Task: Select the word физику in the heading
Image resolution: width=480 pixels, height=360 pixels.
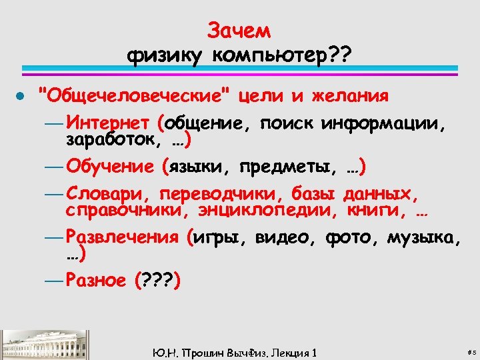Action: [x=167, y=56]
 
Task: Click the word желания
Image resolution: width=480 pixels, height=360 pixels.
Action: [x=354, y=96]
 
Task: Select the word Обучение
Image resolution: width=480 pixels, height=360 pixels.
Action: [x=110, y=165]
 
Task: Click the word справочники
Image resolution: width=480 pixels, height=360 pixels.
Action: [x=127, y=211]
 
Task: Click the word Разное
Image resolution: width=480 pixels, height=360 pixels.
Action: [x=97, y=281]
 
